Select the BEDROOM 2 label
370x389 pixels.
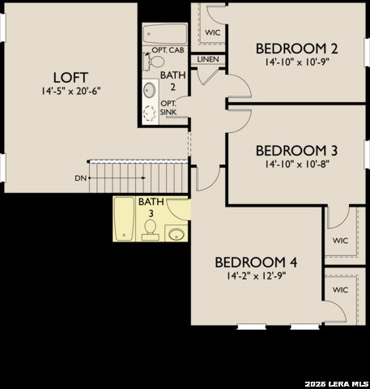tap(296, 47)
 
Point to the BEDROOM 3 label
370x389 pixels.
tap(296, 151)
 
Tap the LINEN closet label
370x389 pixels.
tap(207, 59)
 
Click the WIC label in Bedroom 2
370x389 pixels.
tap(213, 32)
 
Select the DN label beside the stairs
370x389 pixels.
tap(79, 177)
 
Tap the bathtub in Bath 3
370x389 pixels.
tap(124, 219)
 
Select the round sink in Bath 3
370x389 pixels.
tap(177, 235)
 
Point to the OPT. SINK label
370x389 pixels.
tap(168, 107)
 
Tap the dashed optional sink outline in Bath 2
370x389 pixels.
tap(151, 113)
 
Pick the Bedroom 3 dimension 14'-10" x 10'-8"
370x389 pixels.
tap(296, 164)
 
